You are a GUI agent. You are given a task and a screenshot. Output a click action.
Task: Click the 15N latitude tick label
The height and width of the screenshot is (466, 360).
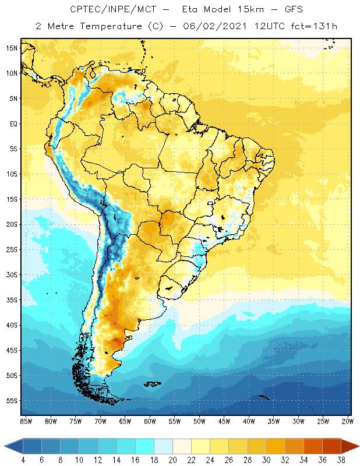[12, 48]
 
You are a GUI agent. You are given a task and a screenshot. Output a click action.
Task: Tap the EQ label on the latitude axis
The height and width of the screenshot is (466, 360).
[12, 123]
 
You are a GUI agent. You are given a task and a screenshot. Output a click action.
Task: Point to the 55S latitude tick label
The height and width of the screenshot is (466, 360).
[12, 401]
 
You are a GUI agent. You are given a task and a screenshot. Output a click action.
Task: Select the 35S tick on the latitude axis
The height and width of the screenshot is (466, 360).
[12, 300]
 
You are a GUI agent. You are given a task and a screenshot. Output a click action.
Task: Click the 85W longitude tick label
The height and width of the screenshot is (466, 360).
[26, 421]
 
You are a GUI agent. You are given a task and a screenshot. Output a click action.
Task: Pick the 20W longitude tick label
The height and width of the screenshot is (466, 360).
[347, 421]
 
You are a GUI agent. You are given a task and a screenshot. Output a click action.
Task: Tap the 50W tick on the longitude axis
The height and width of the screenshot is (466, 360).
[199, 421]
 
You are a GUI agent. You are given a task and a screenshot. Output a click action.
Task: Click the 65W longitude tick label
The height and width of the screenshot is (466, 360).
[125, 421]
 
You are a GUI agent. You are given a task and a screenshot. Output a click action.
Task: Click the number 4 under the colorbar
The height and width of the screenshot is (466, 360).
[23, 460]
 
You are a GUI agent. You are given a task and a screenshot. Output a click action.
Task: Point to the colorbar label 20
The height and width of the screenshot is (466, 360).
[172, 460]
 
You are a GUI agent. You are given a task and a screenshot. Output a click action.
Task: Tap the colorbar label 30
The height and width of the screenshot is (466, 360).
[266, 460]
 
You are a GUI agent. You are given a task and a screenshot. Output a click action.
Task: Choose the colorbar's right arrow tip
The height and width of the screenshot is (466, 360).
[358, 446]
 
